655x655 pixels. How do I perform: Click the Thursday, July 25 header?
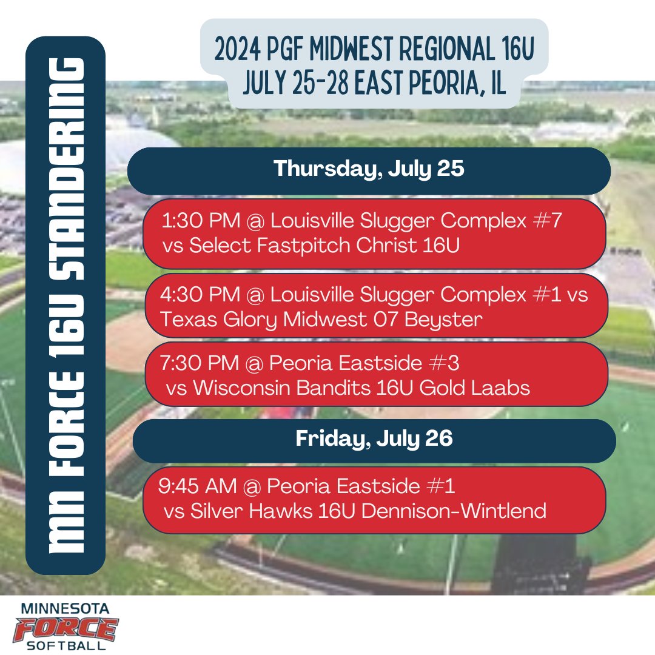pyautogui.click(x=369, y=169)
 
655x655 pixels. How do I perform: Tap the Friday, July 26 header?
pyautogui.click(x=374, y=440)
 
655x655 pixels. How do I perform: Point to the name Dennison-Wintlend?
pyautogui.click(x=454, y=511)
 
